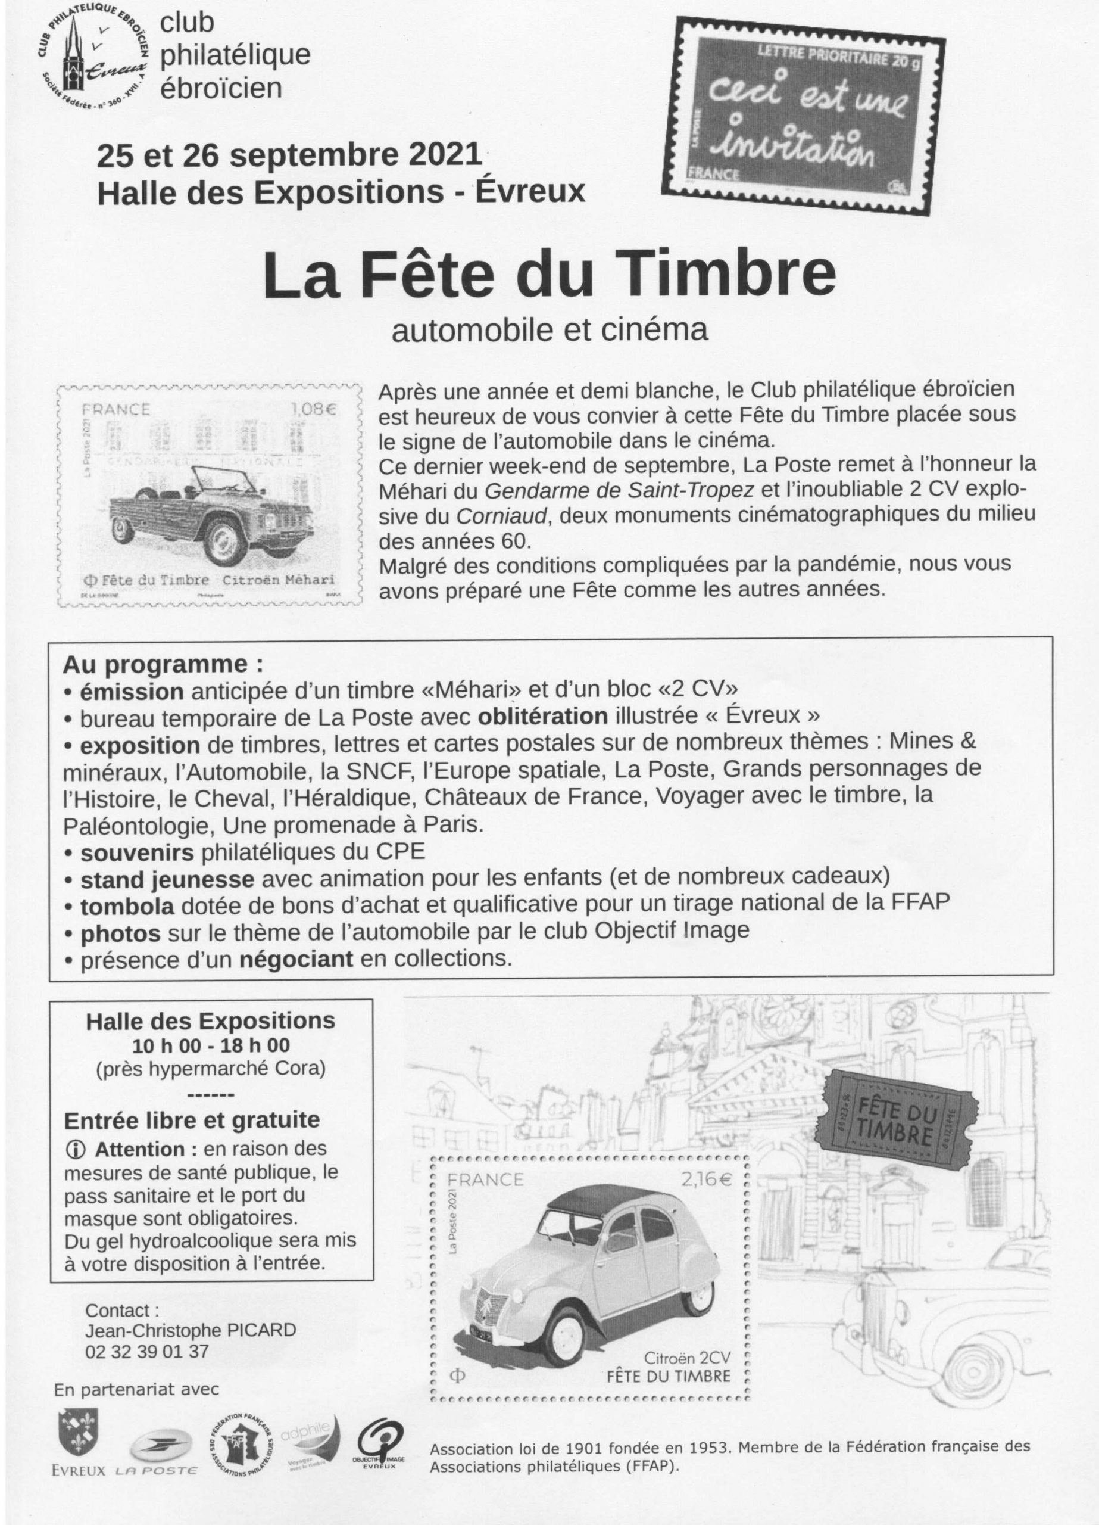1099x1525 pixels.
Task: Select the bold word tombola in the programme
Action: tap(127, 907)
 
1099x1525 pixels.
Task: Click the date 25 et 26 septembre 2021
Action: tap(290, 156)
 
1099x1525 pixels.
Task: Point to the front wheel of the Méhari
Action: tap(226, 543)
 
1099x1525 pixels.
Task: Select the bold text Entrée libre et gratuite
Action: tap(192, 1120)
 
